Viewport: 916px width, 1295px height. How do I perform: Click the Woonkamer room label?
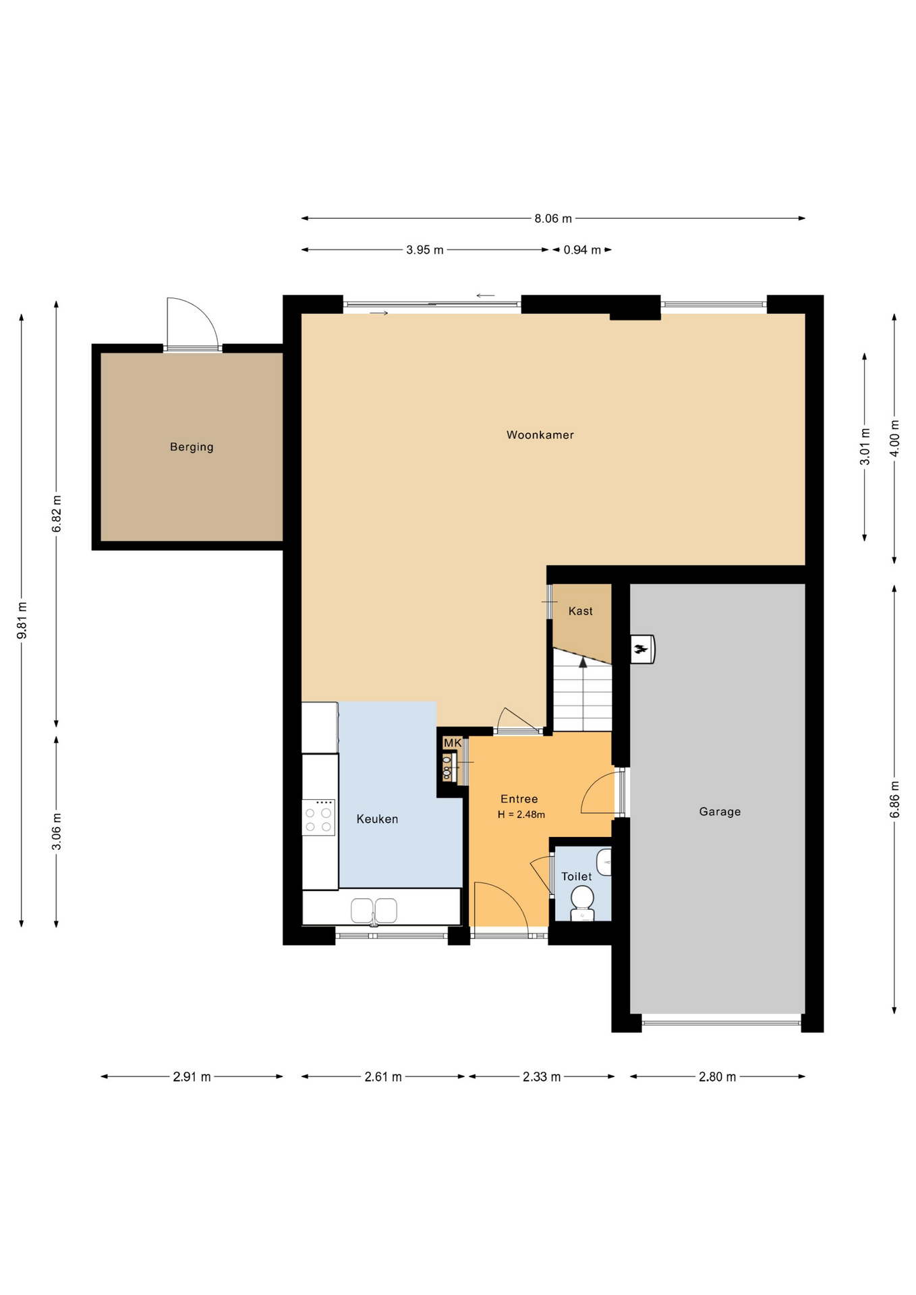(540, 435)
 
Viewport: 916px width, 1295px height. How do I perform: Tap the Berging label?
(192, 447)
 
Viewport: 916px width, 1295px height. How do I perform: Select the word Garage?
(720, 811)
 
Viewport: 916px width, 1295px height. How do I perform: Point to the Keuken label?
(377, 819)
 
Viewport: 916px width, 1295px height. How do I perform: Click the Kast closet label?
(580, 611)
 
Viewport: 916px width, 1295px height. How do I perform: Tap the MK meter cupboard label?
(452, 743)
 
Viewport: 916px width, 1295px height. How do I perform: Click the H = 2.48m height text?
(521, 814)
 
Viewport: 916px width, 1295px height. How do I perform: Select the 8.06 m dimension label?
(553, 219)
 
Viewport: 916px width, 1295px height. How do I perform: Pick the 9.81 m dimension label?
(22, 620)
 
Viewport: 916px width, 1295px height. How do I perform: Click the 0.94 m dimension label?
(582, 250)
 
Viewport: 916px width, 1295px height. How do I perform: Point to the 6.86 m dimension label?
(894, 799)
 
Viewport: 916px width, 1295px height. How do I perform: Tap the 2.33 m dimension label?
(542, 1076)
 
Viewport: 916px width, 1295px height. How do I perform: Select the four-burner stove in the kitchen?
(318, 817)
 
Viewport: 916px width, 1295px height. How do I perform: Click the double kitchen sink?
(374, 911)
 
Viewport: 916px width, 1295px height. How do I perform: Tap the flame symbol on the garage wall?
(640, 650)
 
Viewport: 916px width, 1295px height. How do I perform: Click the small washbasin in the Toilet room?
(604, 862)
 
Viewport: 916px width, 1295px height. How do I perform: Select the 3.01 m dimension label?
(865, 447)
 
